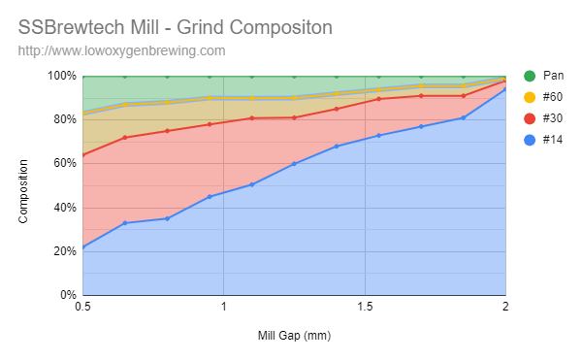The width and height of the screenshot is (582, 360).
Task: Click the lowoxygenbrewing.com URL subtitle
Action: [x=122, y=49]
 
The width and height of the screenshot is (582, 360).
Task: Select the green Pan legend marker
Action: [x=530, y=76]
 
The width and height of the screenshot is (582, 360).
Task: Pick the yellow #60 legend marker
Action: [x=530, y=97]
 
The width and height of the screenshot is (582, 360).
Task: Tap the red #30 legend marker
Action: [x=530, y=118]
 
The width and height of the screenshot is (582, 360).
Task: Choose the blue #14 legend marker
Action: [x=530, y=140]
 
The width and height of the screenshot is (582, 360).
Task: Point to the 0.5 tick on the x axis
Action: [x=82, y=308]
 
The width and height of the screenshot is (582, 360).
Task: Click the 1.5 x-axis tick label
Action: [x=365, y=308]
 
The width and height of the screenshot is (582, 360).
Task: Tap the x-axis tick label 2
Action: [x=505, y=308]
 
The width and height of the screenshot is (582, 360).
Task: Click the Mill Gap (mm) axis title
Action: [x=293, y=336]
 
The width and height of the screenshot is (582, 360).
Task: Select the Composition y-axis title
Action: [x=23, y=185]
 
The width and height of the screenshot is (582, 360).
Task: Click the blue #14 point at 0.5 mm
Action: [x=83, y=247]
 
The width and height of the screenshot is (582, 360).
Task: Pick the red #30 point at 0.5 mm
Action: [x=83, y=155]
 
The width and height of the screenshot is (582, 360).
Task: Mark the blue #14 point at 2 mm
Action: [x=505, y=89]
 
